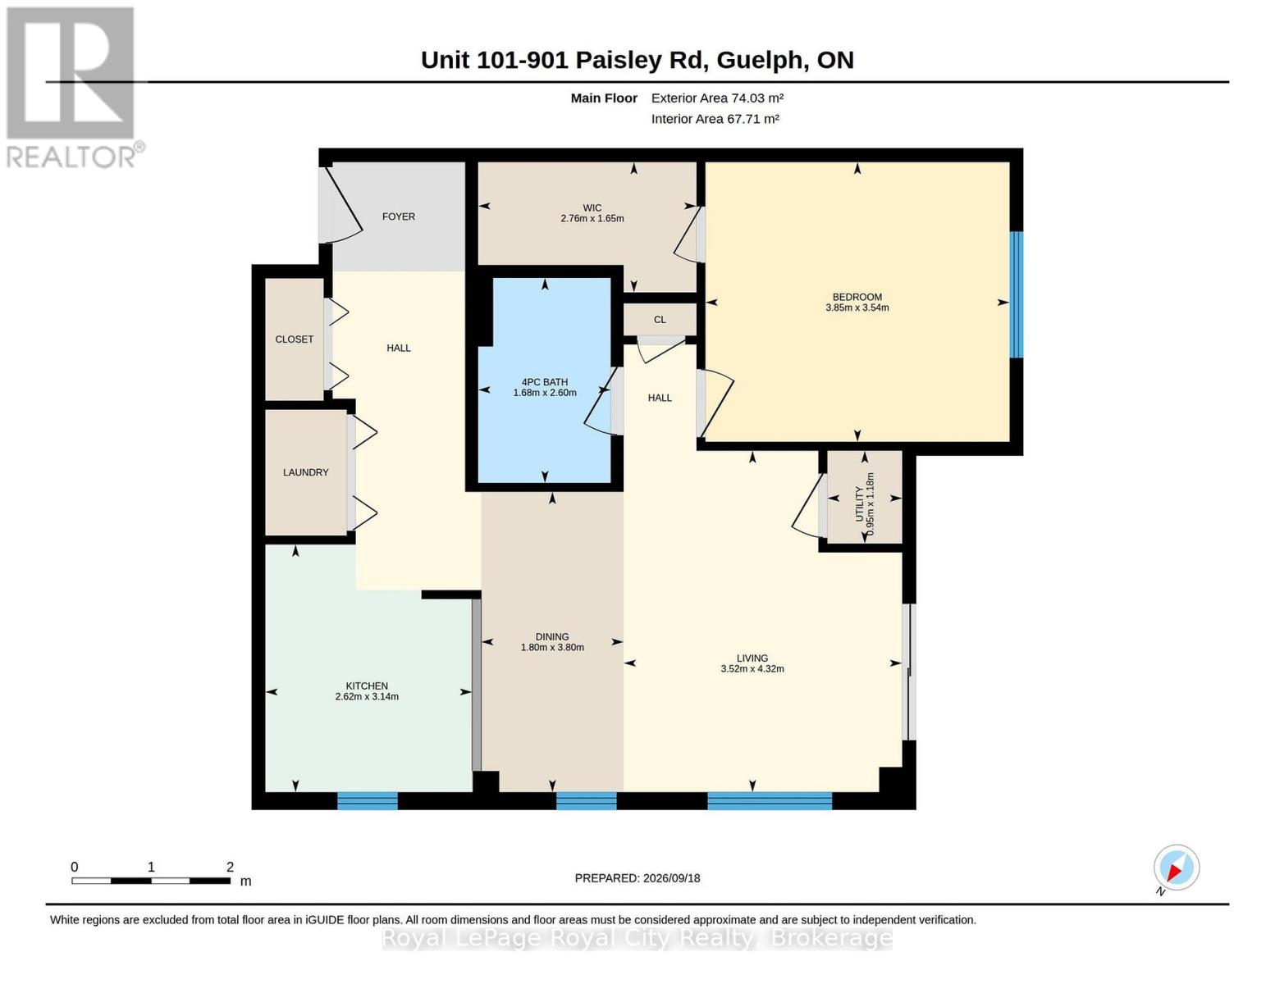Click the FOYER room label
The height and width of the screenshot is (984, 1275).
(399, 216)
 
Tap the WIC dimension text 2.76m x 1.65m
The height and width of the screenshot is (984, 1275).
(592, 218)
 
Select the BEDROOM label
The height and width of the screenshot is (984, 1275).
(857, 297)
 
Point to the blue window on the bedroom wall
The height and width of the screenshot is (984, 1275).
(1017, 294)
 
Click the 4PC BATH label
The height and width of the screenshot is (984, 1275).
(545, 382)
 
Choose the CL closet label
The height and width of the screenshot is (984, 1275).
(660, 320)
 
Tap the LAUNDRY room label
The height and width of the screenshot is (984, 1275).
(306, 472)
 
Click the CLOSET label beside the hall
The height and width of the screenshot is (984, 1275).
(294, 339)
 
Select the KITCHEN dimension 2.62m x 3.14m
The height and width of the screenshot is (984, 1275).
(367, 697)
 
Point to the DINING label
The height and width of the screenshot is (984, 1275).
(552, 636)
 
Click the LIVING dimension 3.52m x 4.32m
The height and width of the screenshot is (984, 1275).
(752, 668)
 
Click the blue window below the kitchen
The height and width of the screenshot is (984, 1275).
(368, 800)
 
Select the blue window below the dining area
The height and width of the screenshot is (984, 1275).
(586, 800)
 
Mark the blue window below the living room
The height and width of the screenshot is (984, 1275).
(770, 800)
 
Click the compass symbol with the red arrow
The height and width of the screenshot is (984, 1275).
(1177, 868)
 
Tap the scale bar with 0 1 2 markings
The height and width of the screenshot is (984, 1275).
(151, 880)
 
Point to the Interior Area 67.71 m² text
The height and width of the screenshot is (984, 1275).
(715, 119)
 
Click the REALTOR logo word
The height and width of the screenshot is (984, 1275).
(71, 157)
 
